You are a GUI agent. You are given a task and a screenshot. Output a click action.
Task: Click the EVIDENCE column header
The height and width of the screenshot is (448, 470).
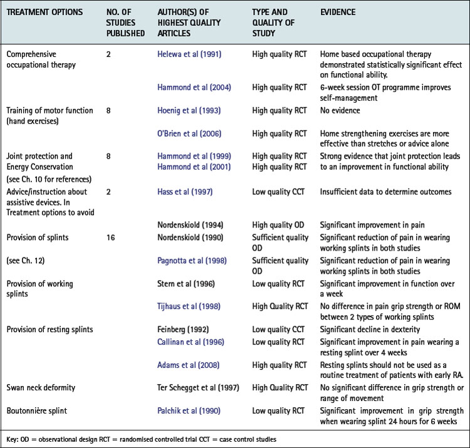pos(338,12)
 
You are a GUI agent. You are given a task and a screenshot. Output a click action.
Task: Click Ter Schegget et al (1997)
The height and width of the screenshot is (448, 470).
pos(196,387)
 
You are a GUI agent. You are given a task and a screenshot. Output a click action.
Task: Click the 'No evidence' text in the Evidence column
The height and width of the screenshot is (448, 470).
pos(338,111)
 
